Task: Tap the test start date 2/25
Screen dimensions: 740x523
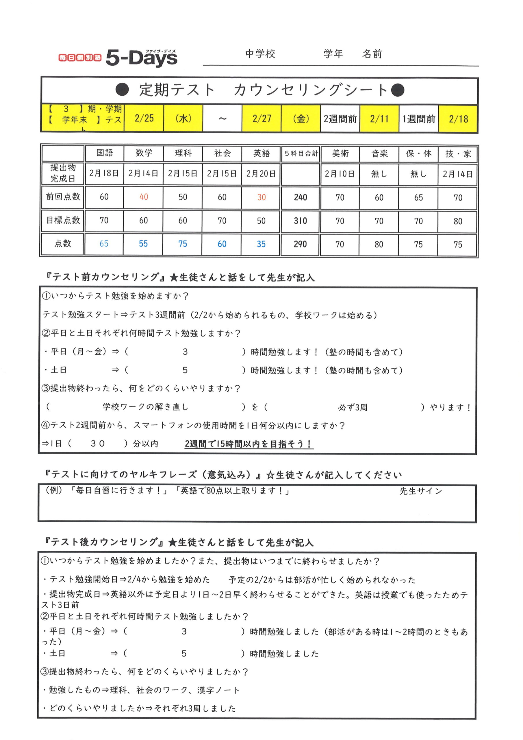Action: (x=144, y=118)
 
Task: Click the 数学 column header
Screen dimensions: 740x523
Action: (x=144, y=153)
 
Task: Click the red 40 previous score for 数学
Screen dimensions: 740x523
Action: (x=144, y=197)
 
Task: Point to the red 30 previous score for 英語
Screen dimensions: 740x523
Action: (x=261, y=197)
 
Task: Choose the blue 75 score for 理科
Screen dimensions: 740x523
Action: (x=183, y=244)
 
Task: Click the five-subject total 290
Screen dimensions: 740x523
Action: (x=300, y=244)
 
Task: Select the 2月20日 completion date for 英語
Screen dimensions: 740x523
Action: (x=261, y=174)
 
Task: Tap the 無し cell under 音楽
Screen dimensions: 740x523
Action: (x=379, y=174)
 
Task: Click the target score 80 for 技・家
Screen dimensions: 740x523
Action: (x=458, y=221)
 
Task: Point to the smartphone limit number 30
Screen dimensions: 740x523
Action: (x=98, y=443)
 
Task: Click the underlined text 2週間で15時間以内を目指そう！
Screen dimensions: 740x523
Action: (x=248, y=444)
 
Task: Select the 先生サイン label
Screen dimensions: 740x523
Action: (x=420, y=491)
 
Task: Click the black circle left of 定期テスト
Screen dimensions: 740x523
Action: (x=122, y=90)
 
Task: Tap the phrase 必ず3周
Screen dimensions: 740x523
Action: (x=352, y=407)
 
